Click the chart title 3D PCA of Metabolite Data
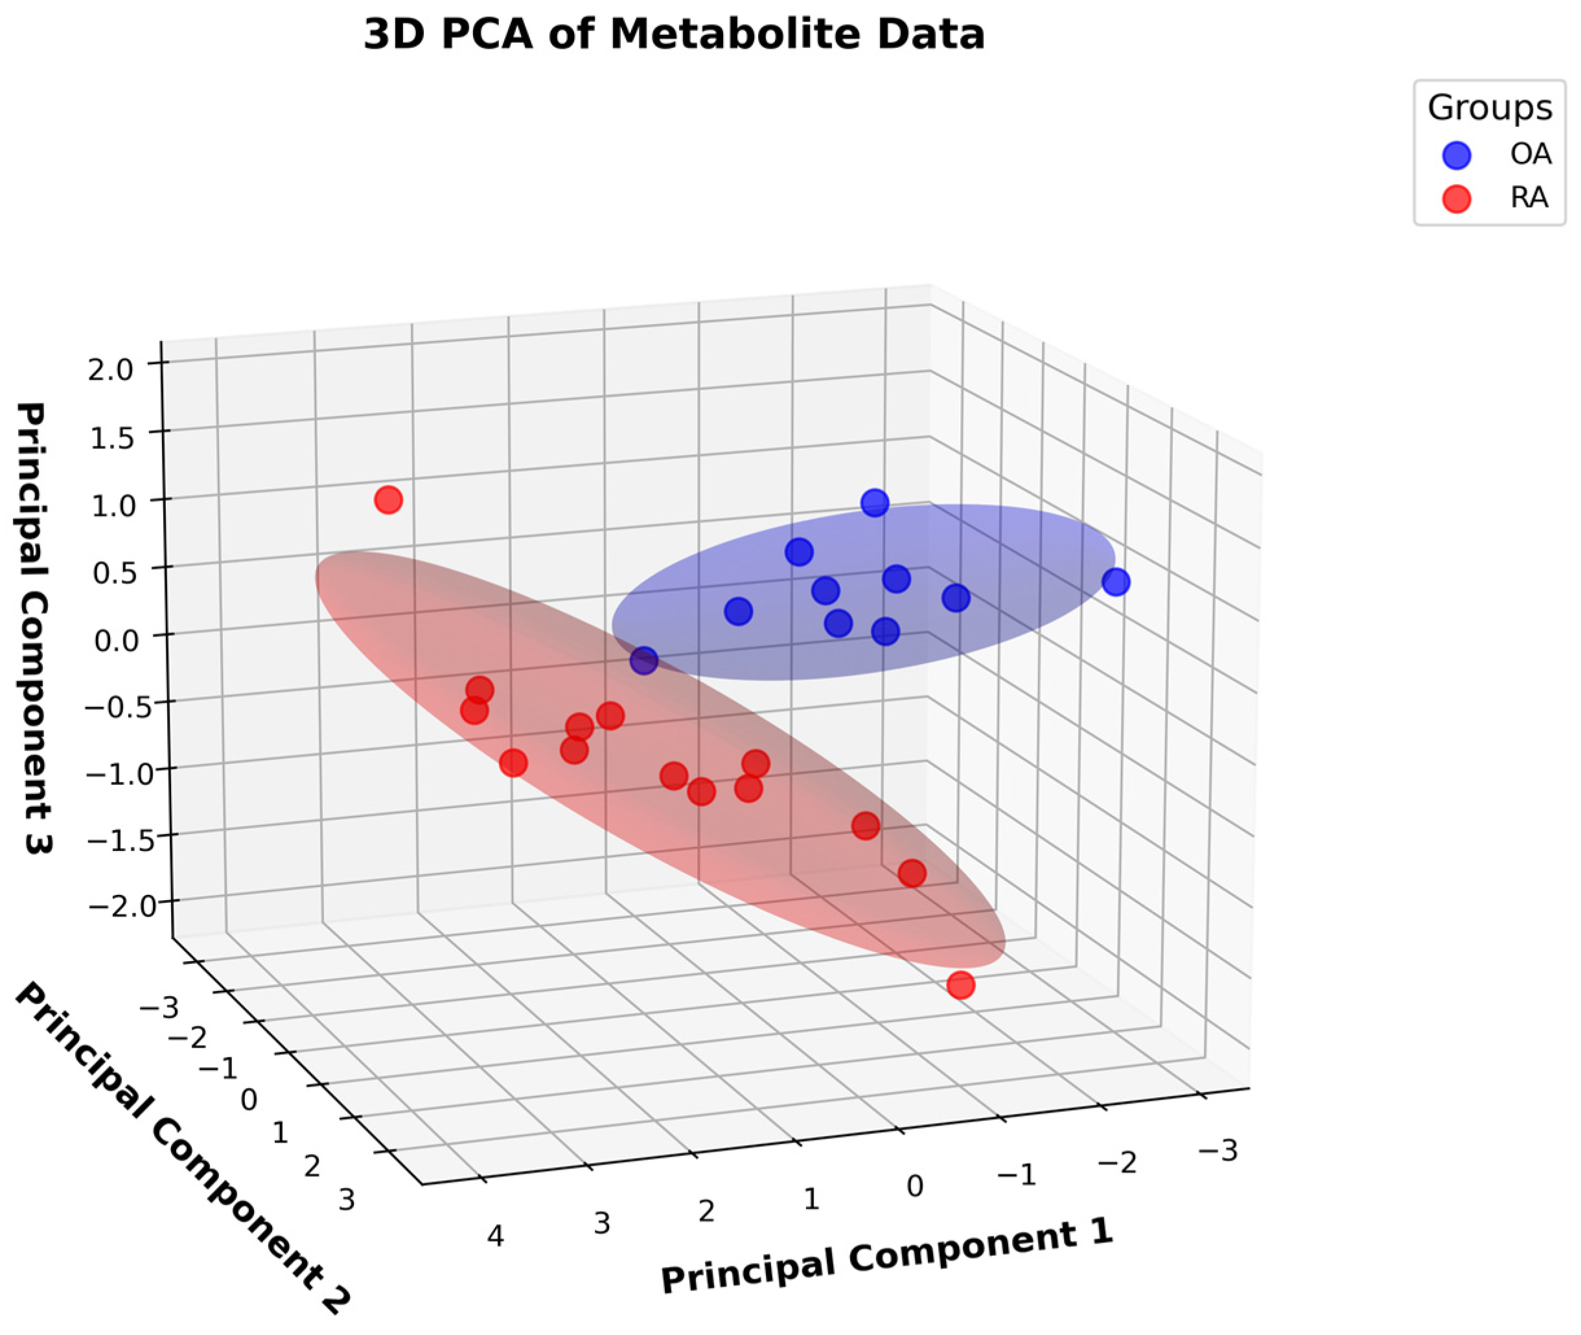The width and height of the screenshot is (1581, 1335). click(x=674, y=35)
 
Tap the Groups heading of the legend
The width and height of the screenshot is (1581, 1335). click(x=1490, y=108)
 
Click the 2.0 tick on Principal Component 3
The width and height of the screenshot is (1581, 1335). click(x=111, y=370)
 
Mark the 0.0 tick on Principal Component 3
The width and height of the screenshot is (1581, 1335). click(x=117, y=640)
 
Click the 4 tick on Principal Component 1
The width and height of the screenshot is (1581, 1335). click(x=495, y=1236)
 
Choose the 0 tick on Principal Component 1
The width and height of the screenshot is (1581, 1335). click(x=915, y=1186)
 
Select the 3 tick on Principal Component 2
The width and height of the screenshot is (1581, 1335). click(x=346, y=1200)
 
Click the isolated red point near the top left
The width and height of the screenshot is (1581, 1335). click(x=388, y=500)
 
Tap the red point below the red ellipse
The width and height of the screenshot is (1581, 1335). click(x=960, y=984)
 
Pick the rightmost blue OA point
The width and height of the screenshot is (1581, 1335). click(x=1116, y=582)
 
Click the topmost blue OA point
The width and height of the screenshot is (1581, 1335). click(x=875, y=502)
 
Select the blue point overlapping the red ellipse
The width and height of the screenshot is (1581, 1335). click(x=644, y=660)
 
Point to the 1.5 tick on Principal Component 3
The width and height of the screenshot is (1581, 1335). click(x=113, y=438)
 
